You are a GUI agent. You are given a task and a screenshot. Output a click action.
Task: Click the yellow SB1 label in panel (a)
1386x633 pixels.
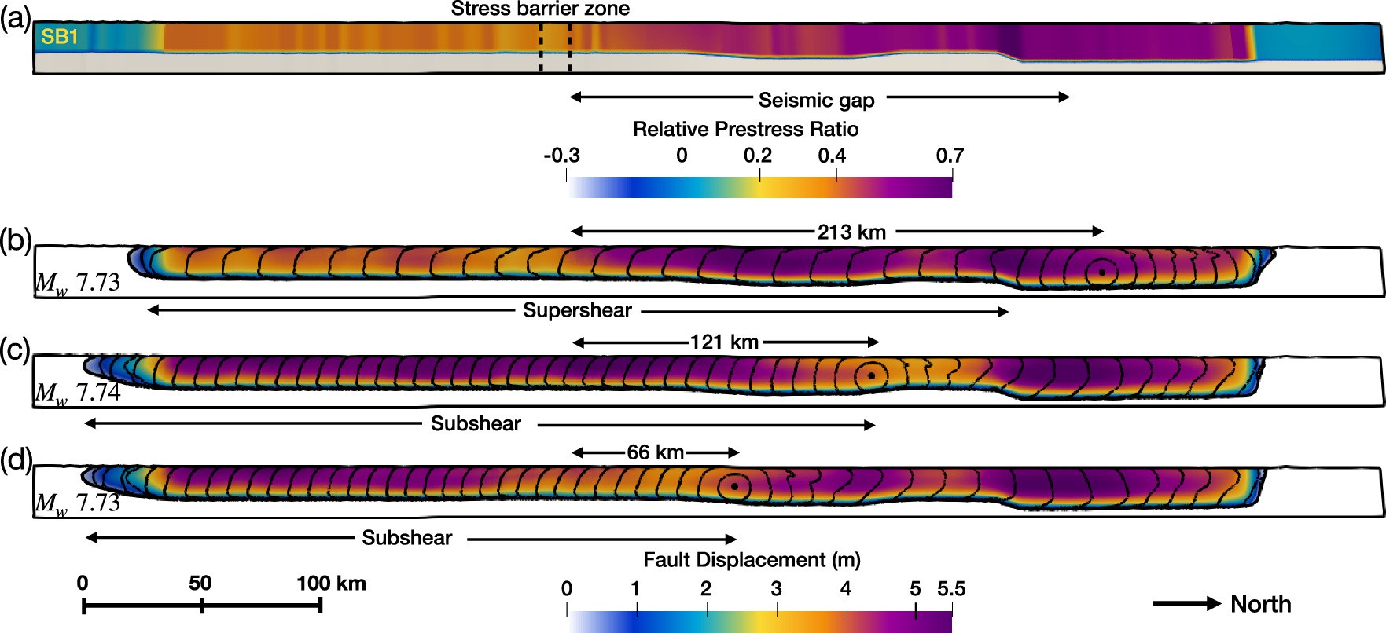(60, 37)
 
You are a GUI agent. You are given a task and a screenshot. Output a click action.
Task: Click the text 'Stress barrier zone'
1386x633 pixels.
(540, 9)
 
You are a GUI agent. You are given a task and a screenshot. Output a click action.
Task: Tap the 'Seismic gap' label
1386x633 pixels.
(816, 101)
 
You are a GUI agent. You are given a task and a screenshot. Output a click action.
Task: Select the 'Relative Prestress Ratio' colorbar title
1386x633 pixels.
(745, 129)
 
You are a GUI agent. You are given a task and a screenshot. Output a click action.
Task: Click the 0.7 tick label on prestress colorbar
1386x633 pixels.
(950, 156)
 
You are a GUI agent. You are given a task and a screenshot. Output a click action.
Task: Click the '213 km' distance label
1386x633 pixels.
(851, 232)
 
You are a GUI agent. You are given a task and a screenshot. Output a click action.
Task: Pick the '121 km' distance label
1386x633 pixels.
(724, 342)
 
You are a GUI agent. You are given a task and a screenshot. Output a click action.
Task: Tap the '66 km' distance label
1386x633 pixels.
(655, 453)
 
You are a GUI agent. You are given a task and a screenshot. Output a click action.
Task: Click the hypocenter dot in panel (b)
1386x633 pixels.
(1102, 273)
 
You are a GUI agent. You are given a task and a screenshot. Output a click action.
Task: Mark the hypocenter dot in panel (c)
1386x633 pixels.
(871, 376)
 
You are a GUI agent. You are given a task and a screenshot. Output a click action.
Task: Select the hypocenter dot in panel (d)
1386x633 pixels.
(734, 487)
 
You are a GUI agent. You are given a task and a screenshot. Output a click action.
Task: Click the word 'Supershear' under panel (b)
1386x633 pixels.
(577, 311)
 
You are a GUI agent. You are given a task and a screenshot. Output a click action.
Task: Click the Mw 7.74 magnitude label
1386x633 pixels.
(78, 392)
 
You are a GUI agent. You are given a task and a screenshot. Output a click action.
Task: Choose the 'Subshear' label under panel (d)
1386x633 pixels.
(406, 538)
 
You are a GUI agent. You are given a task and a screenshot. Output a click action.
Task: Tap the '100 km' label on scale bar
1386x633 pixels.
(331, 584)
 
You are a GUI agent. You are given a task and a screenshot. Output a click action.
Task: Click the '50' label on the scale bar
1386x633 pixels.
(200, 584)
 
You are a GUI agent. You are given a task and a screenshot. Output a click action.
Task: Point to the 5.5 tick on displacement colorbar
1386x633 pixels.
(950, 589)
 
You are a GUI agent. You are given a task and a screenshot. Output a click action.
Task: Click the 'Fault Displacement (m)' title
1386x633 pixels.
(752, 560)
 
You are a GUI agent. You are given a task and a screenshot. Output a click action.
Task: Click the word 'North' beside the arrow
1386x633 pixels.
(1260, 604)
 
